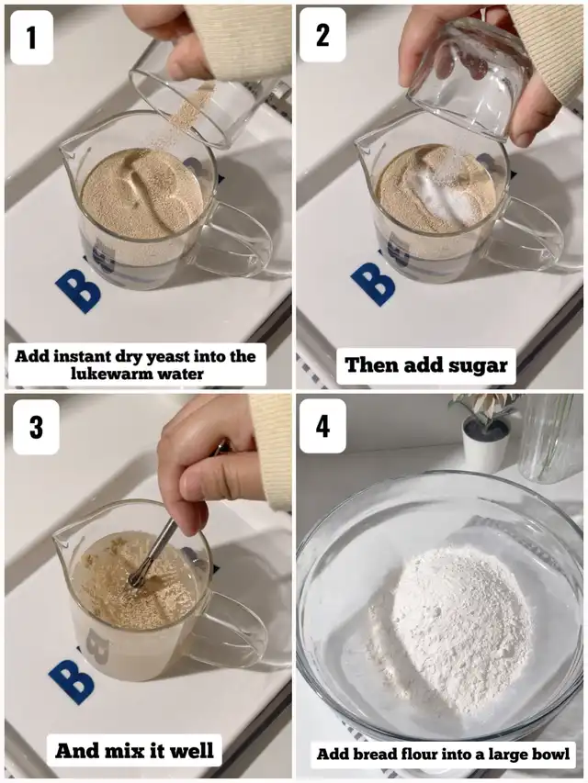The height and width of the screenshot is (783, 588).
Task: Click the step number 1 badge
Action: click(31, 38)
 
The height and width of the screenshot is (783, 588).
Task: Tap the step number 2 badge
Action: click(322, 35)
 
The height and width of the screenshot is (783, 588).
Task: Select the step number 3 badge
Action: click(36, 427)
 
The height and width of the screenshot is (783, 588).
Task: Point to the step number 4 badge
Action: click(322, 426)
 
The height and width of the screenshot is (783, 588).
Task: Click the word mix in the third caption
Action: click(118, 751)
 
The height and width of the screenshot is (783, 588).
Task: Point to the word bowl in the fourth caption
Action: click(552, 753)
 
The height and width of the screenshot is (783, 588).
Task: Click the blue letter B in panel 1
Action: click(78, 291)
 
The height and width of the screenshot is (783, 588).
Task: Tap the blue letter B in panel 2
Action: click(373, 284)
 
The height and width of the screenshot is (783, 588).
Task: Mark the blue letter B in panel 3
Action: click(72, 682)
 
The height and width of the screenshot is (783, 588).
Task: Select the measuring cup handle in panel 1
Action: click(242, 240)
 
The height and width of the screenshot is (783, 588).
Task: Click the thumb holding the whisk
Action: click(220, 479)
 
